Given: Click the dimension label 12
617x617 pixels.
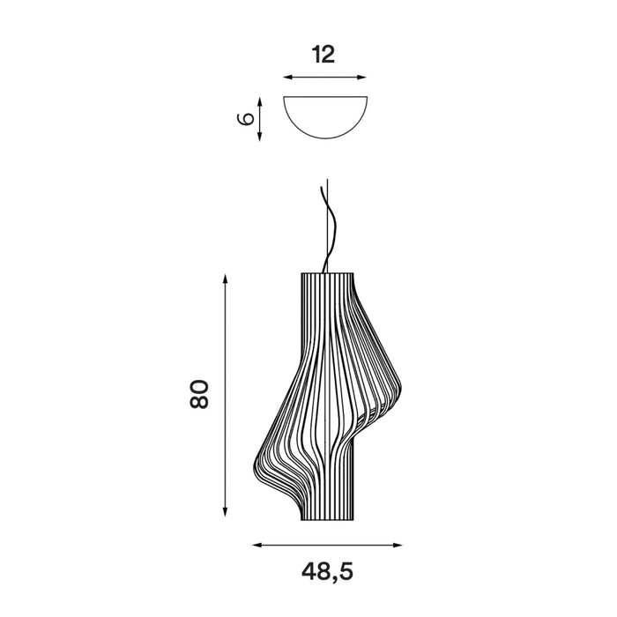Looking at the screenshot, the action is pos(323,55).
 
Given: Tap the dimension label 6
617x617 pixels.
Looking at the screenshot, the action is pos(247,119).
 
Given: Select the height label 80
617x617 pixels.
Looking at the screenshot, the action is pos(199,394).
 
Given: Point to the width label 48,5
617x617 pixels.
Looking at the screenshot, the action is pos(327,571).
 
